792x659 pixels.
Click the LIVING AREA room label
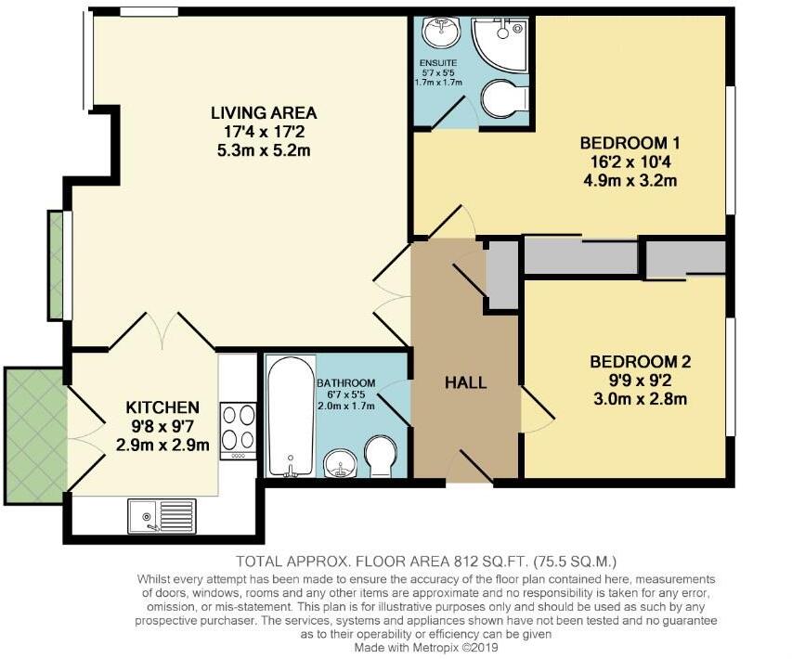[x=264, y=113]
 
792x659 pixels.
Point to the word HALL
[x=465, y=381]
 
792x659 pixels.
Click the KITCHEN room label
[x=163, y=407]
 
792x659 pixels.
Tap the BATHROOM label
[x=345, y=382]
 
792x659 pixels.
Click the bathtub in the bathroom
[x=290, y=418]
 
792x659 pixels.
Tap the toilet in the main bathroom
[x=380, y=456]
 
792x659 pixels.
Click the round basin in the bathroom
[x=341, y=462]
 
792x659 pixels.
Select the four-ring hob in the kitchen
[x=237, y=427]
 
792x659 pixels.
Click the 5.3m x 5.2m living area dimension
[x=264, y=149]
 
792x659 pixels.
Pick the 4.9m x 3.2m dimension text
[x=630, y=180]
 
